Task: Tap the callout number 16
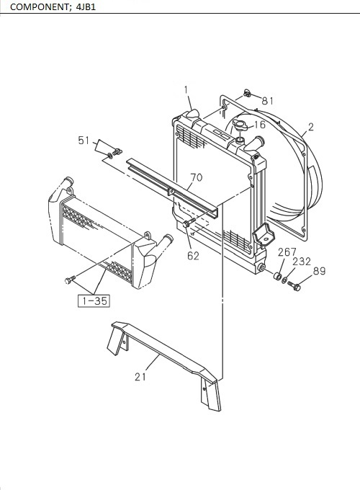pyautogui.click(x=259, y=125)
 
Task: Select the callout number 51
pyautogui.click(x=84, y=141)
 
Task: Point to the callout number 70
pyautogui.click(x=197, y=177)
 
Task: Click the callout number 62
pyautogui.click(x=193, y=254)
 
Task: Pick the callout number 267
pyautogui.click(x=287, y=251)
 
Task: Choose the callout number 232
pyautogui.click(x=302, y=262)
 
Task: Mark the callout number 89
pyautogui.click(x=318, y=271)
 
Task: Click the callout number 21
pyautogui.click(x=140, y=375)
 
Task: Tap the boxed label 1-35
pyautogui.click(x=94, y=300)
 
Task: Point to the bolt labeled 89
pyautogui.click(x=294, y=285)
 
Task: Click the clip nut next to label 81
pyautogui.click(x=247, y=92)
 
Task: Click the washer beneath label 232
pyautogui.click(x=284, y=280)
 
